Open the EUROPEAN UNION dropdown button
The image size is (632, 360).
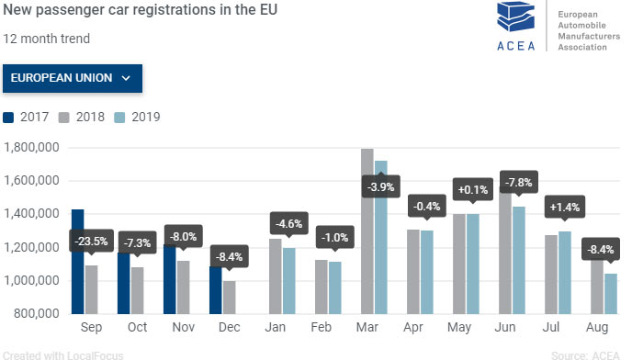coord(73,78)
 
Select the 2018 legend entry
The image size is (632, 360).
coord(83,117)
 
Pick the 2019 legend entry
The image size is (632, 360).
coord(138,117)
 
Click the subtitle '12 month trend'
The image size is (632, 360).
coord(46,39)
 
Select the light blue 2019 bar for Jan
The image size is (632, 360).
coord(289,279)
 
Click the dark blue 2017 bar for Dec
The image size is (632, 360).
coord(215,288)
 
